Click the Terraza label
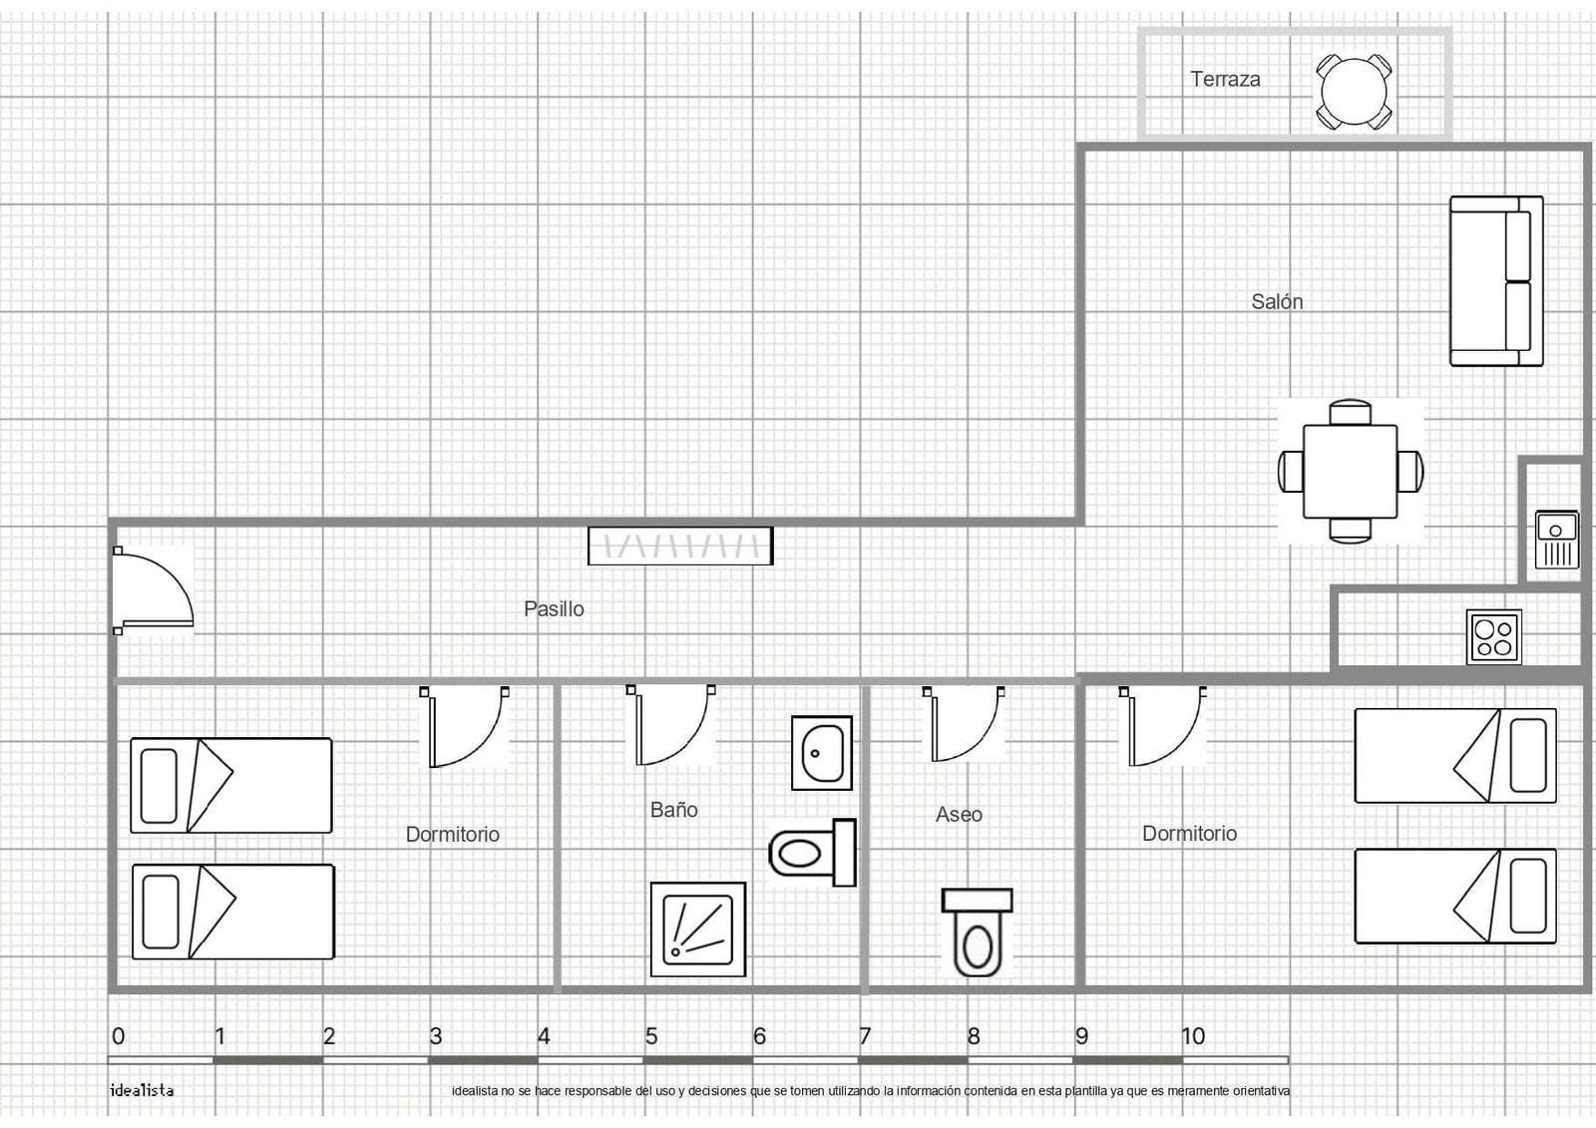click(1225, 79)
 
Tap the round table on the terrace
click(1354, 93)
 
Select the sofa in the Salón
click(1496, 281)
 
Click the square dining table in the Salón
click(1351, 472)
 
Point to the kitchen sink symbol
click(1557, 540)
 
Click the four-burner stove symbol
click(1494, 637)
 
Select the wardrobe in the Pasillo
click(680, 546)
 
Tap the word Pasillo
click(554, 609)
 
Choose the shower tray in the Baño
click(698, 930)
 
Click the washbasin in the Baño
click(822, 753)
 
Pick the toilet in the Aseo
click(977, 933)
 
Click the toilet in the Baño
click(812, 853)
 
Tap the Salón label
click(1277, 302)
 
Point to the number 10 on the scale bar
click(1193, 1036)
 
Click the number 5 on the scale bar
click(651, 1036)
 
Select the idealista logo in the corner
click(142, 1090)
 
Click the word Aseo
click(959, 815)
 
